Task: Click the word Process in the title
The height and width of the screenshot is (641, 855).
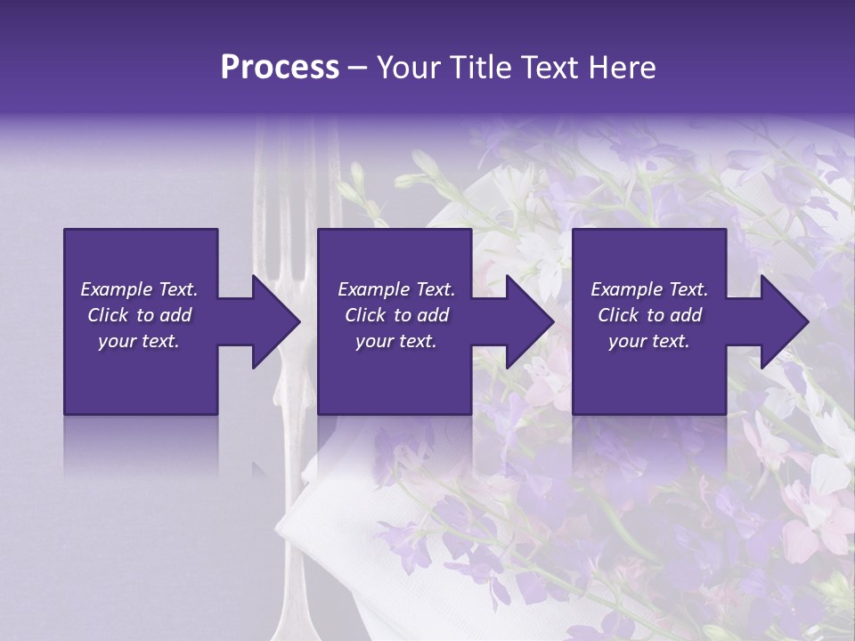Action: pos(280,68)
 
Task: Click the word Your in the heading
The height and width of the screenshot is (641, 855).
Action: pos(411,68)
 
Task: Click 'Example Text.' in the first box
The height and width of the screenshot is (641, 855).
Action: pos(139,289)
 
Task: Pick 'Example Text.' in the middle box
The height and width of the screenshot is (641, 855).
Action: pos(396,289)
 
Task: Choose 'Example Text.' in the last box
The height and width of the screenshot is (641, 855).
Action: pos(649,289)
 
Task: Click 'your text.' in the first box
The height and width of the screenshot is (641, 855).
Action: pos(139,341)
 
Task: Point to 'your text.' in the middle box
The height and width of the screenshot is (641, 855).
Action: pos(396,341)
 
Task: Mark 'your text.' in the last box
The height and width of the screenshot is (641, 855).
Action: pos(649,341)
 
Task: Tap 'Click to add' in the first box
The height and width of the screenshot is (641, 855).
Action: pos(139,315)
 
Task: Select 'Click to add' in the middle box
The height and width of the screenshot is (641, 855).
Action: pos(396,315)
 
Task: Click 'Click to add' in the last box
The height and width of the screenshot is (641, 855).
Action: pos(649,315)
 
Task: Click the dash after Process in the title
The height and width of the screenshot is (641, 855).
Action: pos(357,69)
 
